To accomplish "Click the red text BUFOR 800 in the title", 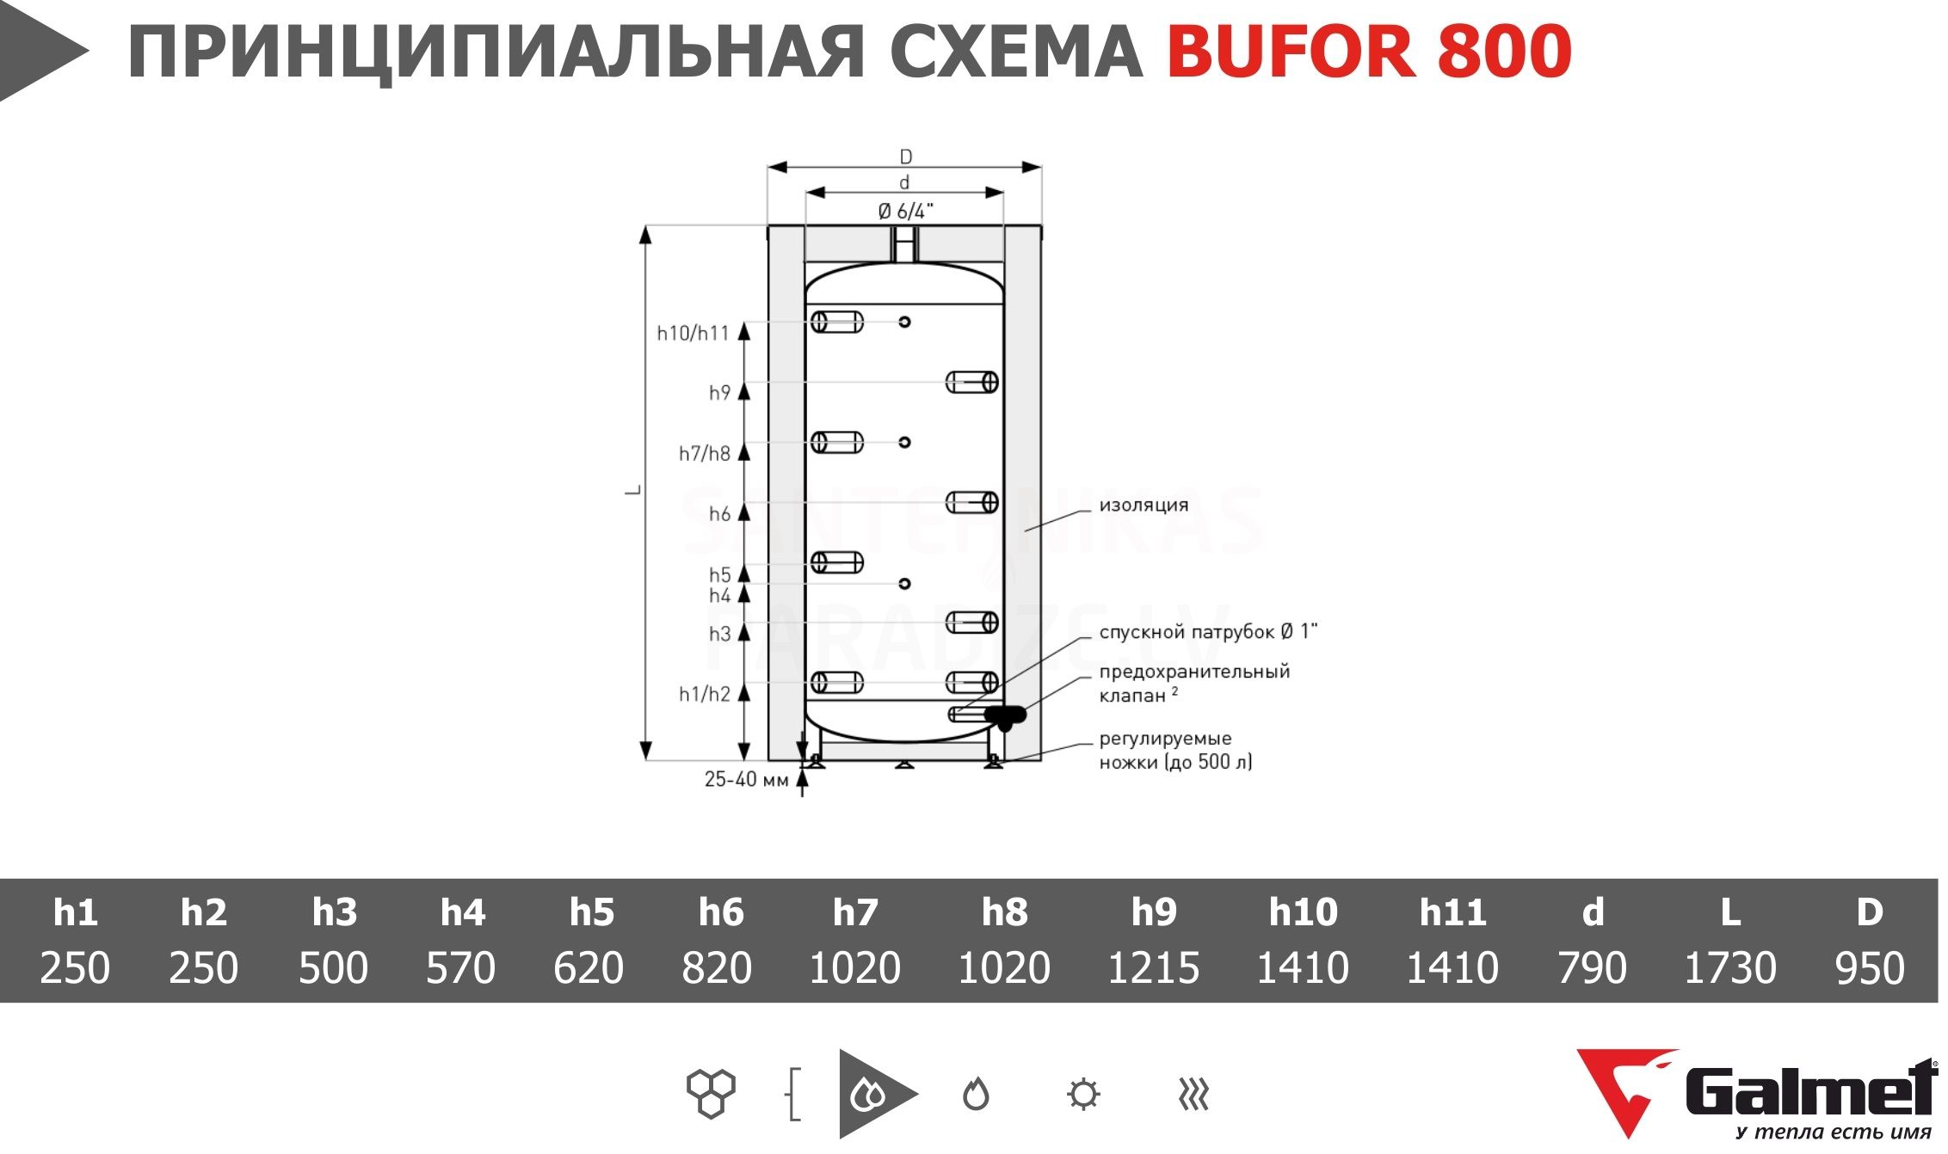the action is (x=1369, y=52).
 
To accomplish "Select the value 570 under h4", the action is (x=460, y=967).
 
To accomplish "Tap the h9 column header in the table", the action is (x=1153, y=912).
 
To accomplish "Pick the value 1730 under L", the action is (x=1729, y=967).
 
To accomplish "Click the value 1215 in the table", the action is (x=1153, y=967).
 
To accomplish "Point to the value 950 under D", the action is (x=1870, y=967).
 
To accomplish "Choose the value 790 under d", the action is (x=1592, y=967).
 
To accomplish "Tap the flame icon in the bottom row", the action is (x=976, y=1095).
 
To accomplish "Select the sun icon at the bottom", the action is (x=1082, y=1095).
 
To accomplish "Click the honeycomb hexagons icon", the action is (x=711, y=1094).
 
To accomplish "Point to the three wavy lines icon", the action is (x=1193, y=1095).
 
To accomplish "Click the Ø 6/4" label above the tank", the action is (x=905, y=212).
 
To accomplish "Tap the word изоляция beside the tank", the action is (x=1144, y=506).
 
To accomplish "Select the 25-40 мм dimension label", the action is (x=746, y=779).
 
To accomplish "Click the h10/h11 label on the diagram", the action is (x=693, y=333).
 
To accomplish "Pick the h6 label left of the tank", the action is (x=719, y=514).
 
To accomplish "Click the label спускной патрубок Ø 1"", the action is (x=1208, y=632).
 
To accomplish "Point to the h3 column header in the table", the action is (x=334, y=912).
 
